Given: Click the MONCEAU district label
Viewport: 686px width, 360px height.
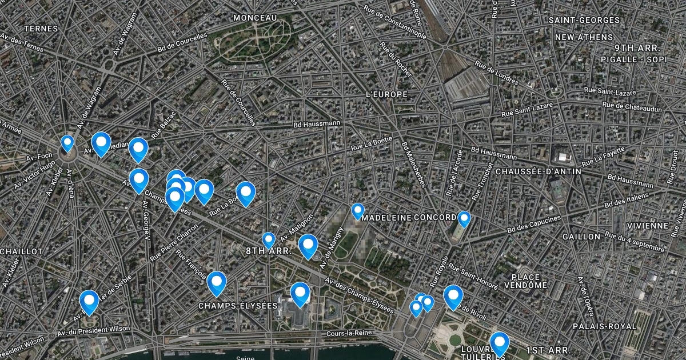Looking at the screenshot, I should (255, 18).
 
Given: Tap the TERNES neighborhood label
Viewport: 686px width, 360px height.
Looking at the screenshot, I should (41, 29).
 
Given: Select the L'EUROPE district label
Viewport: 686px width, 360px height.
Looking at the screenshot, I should (386, 94).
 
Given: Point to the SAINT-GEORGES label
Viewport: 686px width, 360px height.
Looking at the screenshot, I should (584, 20).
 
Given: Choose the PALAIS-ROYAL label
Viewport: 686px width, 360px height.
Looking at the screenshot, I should (605, 326).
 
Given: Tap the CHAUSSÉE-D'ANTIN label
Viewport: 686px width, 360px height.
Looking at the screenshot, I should (539, 171).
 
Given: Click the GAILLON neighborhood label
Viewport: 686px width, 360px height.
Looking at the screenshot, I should (581, 237).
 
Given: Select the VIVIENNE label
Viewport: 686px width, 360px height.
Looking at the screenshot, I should (647, 226).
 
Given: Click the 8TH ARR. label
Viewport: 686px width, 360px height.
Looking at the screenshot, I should (269, 251).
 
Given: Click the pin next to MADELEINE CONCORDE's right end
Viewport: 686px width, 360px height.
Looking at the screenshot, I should (464, 218).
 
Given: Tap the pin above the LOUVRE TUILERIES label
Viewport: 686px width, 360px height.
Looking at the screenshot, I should (500, 343).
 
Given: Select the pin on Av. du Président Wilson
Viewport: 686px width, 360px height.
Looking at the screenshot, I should (89, 301).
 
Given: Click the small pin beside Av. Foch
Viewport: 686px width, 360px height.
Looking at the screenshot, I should (67, 142).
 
